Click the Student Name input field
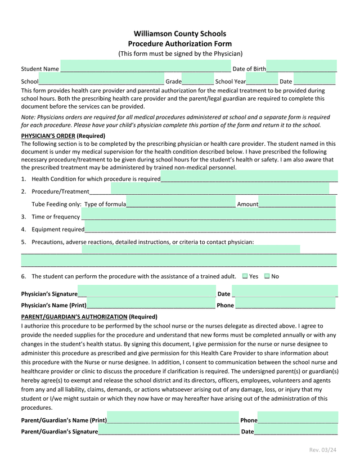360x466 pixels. (x=145, y=67)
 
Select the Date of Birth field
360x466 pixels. (x=301, y=66)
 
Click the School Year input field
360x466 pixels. (x=262, y=80)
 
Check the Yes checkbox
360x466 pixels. (x=245, y=276)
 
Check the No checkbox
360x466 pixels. (x=267, y=276)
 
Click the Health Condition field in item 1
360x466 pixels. (x=249, y=177)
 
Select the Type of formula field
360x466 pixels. (x=181, y=203)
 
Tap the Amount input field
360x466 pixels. (x=297, y=203)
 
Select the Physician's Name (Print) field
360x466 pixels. (x=151, y=304)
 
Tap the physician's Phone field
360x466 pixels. (x=285, y=304)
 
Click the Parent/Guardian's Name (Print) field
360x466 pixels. (x=173, y=419)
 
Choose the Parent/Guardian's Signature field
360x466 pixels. (x=169, y=431)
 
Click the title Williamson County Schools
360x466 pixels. (x=179, y=34)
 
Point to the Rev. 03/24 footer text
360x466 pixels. (x=323, y=450)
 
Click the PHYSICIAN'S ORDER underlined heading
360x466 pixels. (x=47, y=136)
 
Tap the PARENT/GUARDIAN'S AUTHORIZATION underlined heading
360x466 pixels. (x=74, y=317)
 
